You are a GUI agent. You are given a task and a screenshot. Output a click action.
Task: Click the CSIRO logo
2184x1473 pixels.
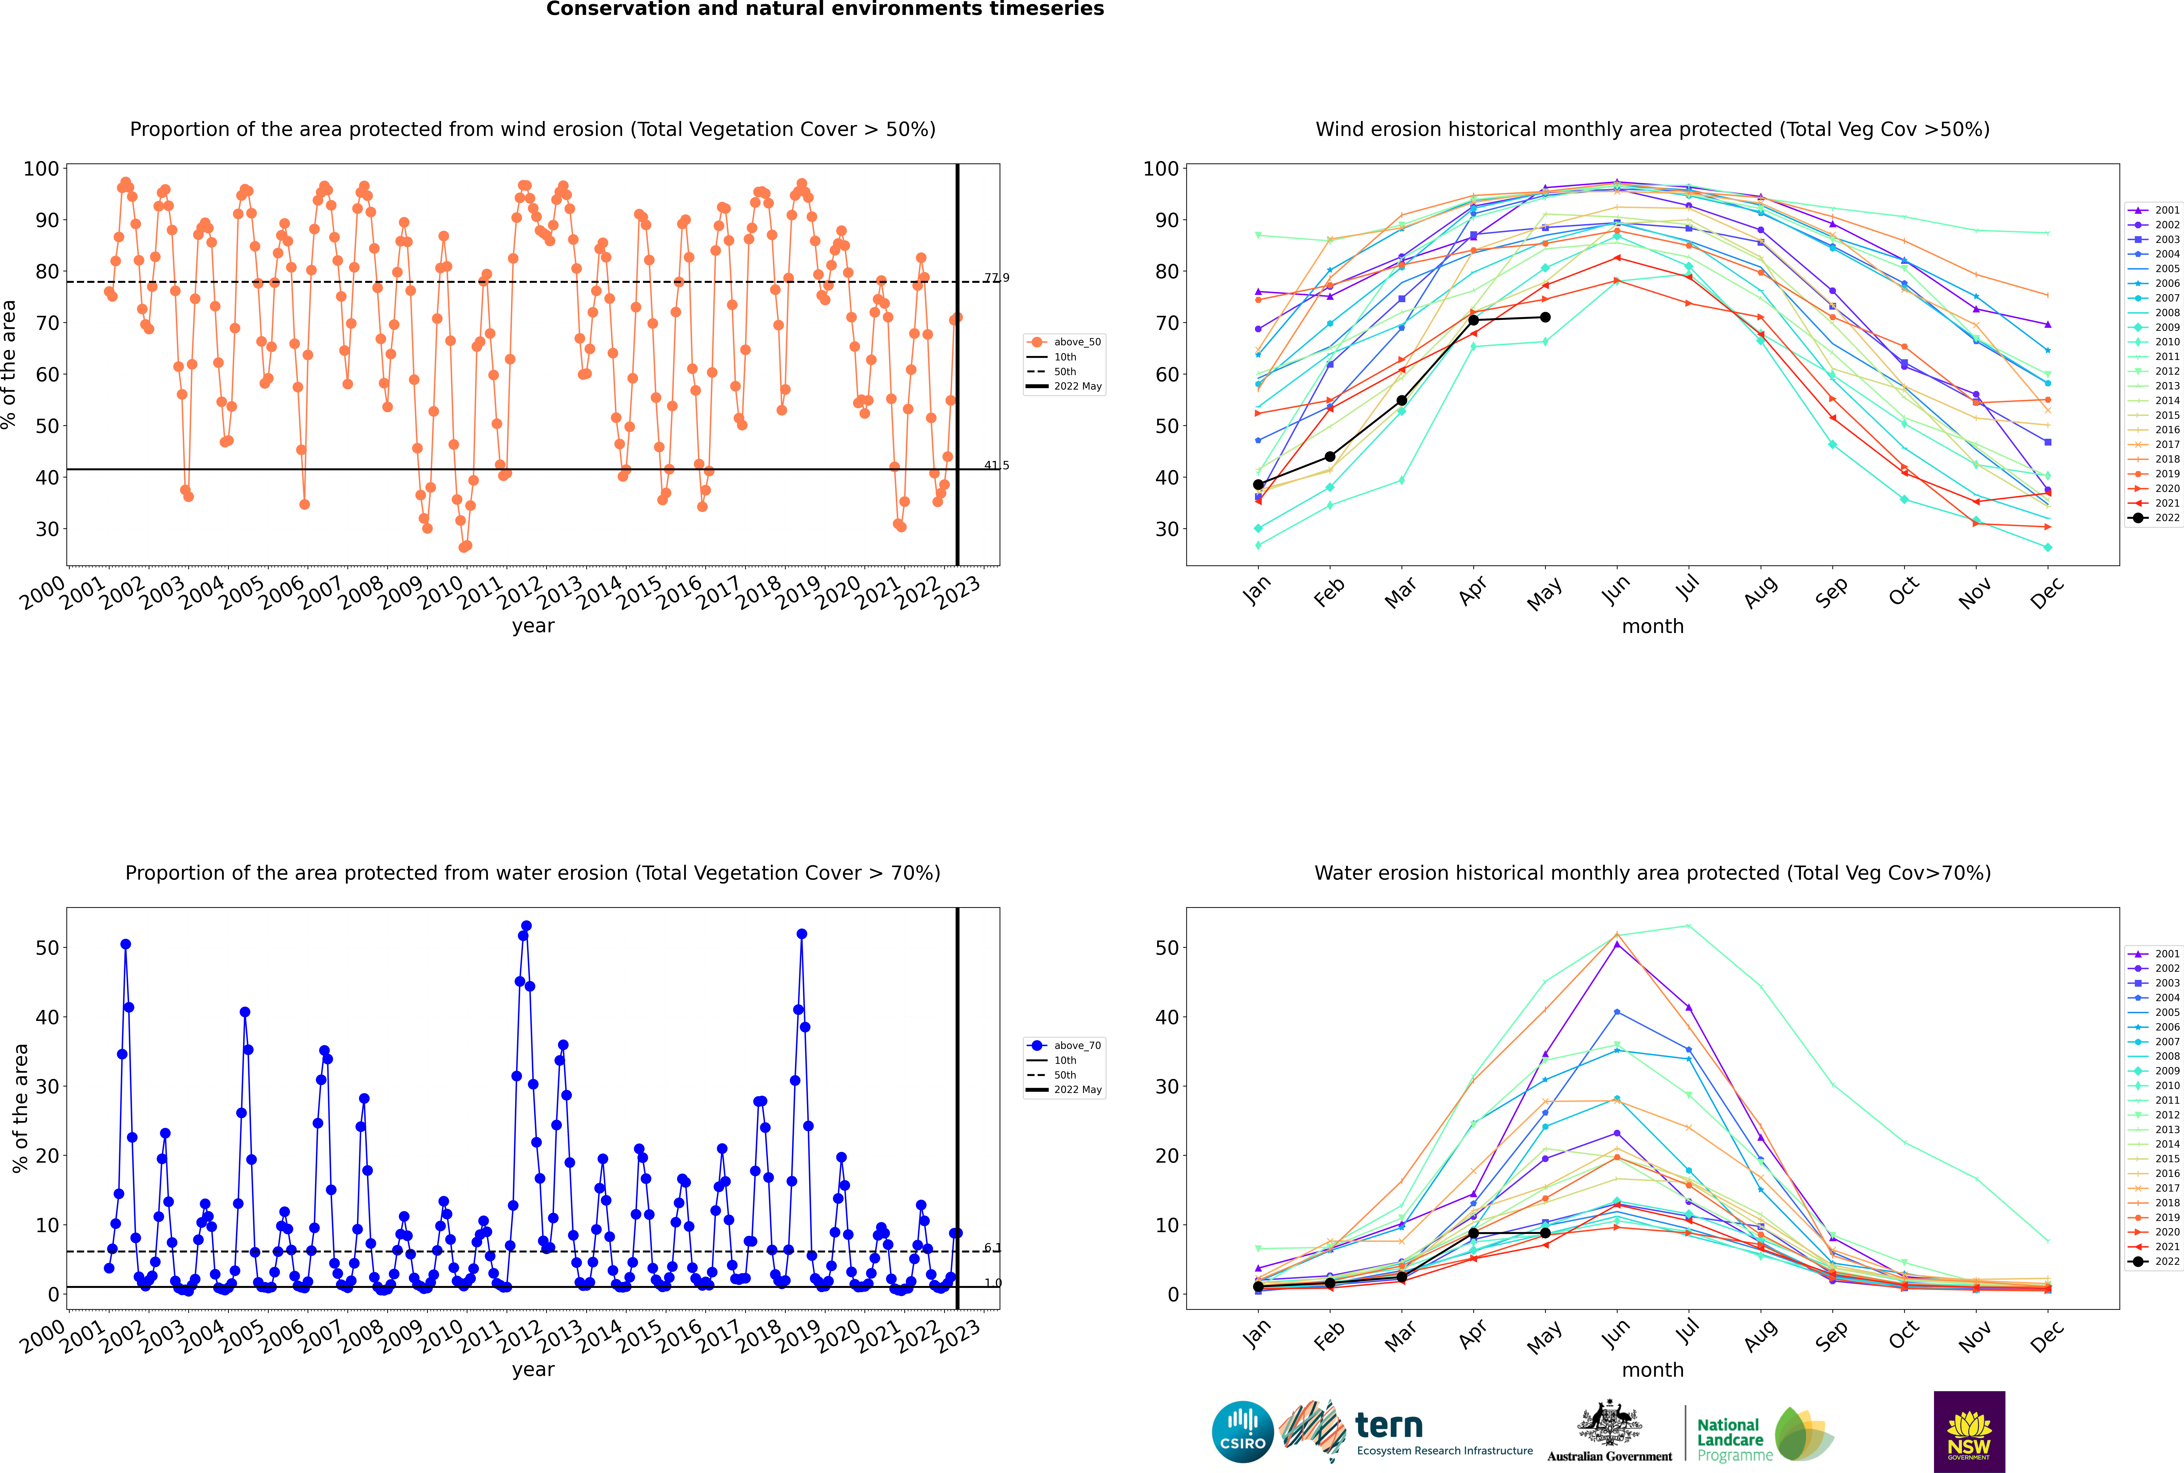tap(1242, 1432)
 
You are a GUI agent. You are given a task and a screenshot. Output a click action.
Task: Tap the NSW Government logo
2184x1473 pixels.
tap(1969, 1431)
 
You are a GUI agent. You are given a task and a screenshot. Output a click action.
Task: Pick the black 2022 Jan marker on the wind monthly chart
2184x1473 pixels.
tap(1258, 485)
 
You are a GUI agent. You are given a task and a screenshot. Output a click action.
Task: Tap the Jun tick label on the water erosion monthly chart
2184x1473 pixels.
tap(1615, 1334)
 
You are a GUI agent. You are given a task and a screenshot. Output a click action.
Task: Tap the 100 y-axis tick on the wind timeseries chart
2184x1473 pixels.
tap(41, 169)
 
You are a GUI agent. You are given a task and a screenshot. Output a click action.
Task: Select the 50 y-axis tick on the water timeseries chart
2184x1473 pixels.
tap(47, 948)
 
